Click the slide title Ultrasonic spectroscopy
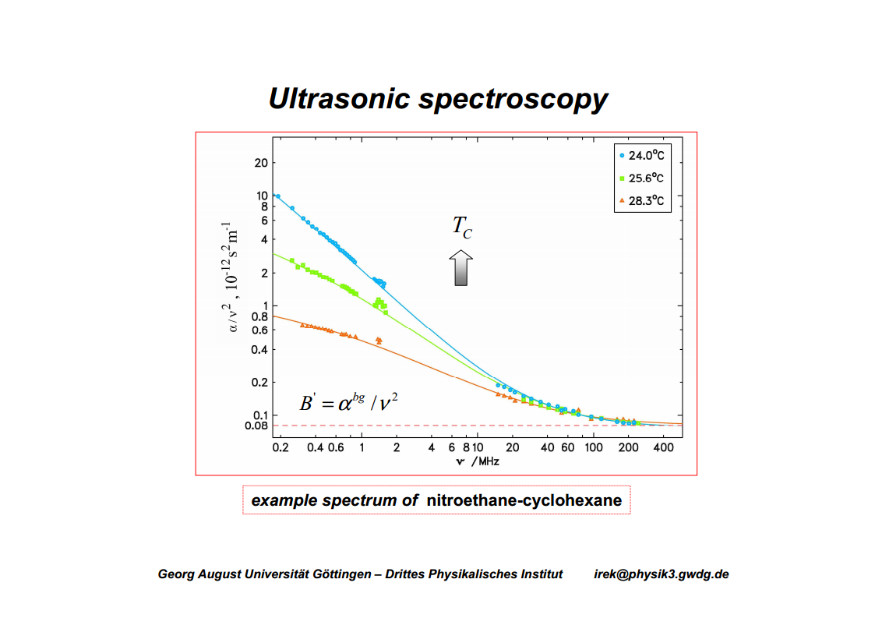[x=438, y=100]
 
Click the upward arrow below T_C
[x=461, y=268]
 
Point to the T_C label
[x=462, y=227]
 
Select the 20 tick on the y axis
[x=260, y=163]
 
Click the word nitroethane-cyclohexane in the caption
[x=524, y=500]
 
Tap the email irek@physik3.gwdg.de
[x=661, y=574]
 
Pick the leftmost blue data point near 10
[x=277, y=196]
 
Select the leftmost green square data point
[x=292, y=260]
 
